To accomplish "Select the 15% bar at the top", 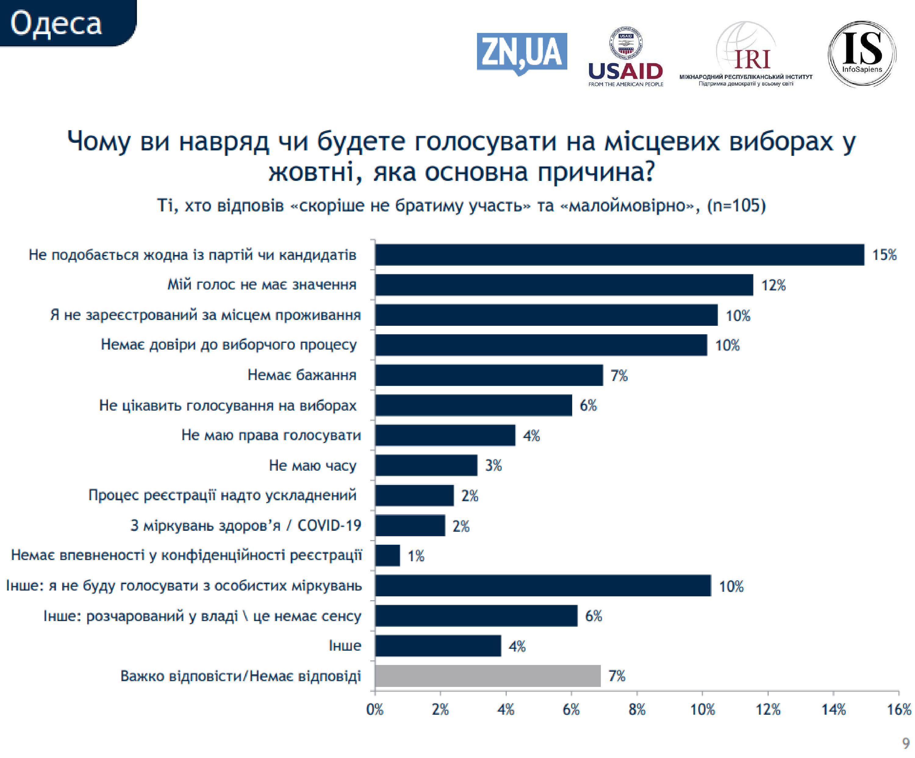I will tap(619, 255).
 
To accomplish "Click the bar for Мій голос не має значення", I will tap(564, 285).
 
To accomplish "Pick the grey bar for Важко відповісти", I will tap(488, 676).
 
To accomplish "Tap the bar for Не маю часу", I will tap(426, 465).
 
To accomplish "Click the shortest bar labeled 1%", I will tap(387, 555).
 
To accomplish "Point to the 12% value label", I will tap(773, 285).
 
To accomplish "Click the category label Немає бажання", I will tap(302, 375).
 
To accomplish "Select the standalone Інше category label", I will tap(345, 646).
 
